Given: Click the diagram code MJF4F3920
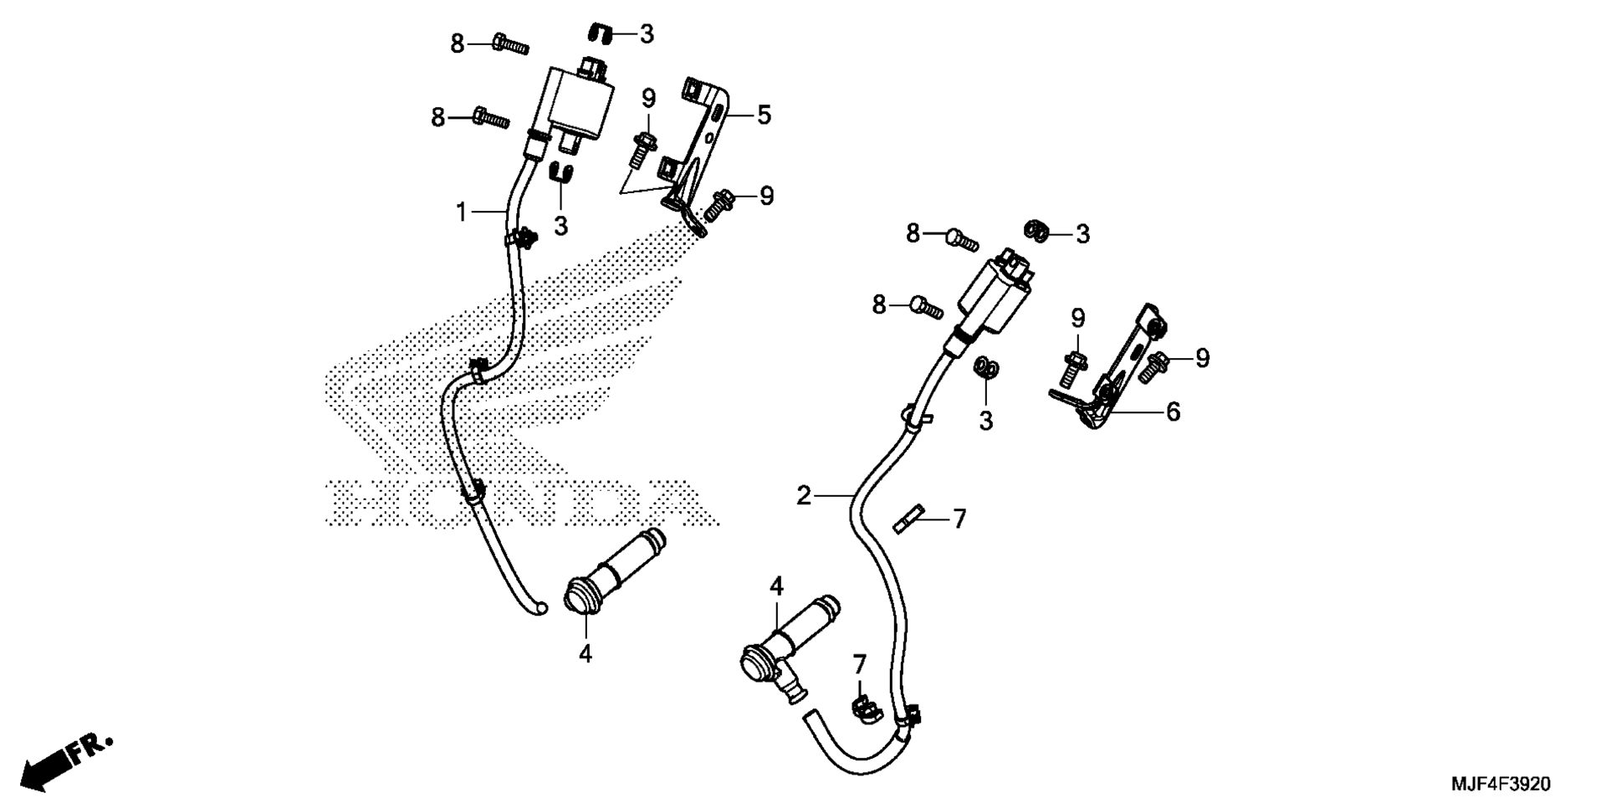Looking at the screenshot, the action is click(x=1500, y=784).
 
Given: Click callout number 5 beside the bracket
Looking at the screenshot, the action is click(x=764, y=115).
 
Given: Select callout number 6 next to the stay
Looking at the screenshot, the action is click(x=1173, y=411).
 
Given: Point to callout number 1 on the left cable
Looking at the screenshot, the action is click(x=461, y=212).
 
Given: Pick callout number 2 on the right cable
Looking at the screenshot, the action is click(x=804, y=496).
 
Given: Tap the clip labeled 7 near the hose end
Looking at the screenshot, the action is click(x=865, y=707).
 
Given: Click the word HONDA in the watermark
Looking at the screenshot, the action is click(x=522, y=502).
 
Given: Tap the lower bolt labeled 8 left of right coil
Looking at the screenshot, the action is click(x=927, y=306).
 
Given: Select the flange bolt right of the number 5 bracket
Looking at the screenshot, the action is click(x=719, y=206).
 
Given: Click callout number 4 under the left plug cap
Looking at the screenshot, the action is click(x=586, y=653).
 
